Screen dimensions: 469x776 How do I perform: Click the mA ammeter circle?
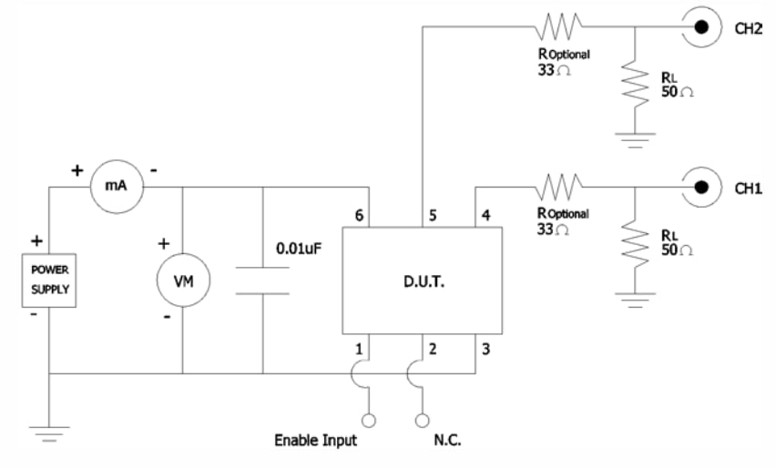[116, 187]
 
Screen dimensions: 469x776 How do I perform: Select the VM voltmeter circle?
[182, 282]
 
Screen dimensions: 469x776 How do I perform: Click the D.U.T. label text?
[422, 282]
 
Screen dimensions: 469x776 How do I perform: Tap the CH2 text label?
[748, 28]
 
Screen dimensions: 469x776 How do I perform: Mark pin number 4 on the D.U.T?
[486, 216]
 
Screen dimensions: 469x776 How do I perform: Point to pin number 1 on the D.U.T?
[358, 347]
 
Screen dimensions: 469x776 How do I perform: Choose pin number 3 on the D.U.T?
[486, 347]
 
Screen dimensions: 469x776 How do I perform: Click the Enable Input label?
[315, 441]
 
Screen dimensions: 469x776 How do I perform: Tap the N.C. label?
[447, 441]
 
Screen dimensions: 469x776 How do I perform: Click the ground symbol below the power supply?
[49, 433]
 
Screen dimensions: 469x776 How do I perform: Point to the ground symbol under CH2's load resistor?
[635, 139]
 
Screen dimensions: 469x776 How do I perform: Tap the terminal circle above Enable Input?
[369, 420]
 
